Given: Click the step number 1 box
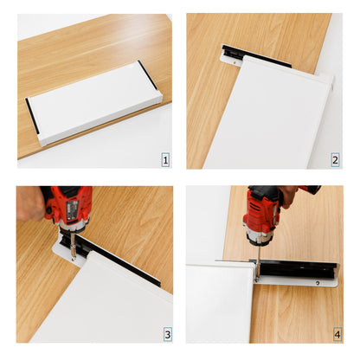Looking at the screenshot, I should tap(164, 160).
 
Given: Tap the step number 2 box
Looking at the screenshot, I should tap(334, 160).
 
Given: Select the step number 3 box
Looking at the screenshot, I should tap(164, 333).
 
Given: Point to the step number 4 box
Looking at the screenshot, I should tap(337, 333).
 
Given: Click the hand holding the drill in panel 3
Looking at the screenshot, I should tap(30, 203).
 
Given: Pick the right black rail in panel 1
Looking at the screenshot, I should tap(149, 76).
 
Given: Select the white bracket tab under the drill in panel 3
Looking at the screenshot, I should tap(66, 252).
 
